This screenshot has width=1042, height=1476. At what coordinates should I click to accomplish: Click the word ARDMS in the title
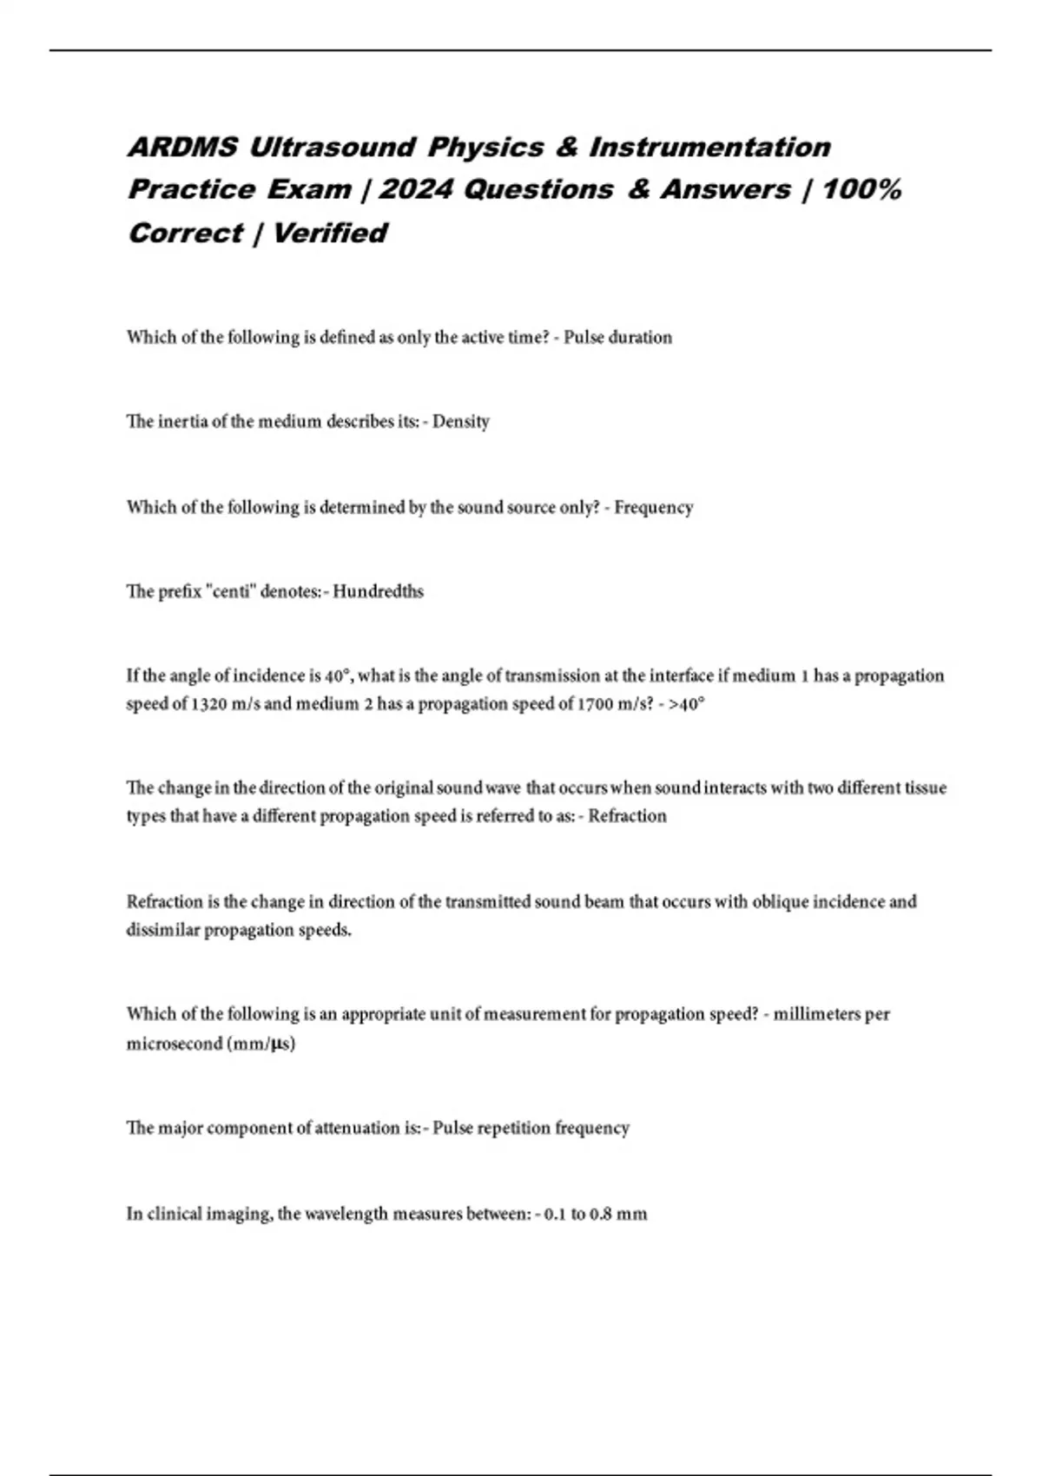[182, 147]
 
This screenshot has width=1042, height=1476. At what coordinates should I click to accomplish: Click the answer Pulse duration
[617, 337]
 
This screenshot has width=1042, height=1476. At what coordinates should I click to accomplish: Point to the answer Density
[461, 421]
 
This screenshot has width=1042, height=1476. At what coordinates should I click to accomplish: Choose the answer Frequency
[654, 507]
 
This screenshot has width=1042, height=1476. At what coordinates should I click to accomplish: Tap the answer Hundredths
[379, 591]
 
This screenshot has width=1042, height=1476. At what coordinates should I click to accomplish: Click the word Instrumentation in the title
[710, 147]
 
